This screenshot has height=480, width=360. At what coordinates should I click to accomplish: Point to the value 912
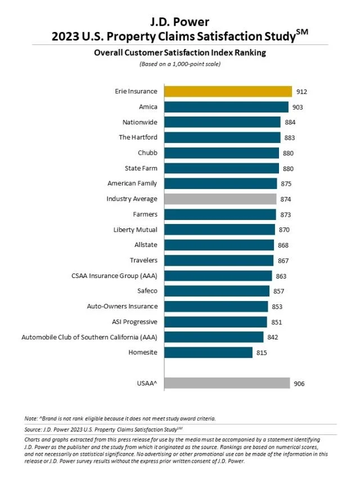pos(303,92)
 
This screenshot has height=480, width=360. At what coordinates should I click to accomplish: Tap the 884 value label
pos(291,122)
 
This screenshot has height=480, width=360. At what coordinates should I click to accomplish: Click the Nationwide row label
pos(140,122)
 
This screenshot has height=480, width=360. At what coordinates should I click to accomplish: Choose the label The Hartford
pos(138,137)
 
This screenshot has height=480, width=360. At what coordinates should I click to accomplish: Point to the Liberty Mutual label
pos(136,230)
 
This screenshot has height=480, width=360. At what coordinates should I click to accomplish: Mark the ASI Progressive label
pos(134,322)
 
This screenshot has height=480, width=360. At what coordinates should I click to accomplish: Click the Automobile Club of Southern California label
pos(89,337)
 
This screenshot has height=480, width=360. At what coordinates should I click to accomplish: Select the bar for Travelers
pos(219,260)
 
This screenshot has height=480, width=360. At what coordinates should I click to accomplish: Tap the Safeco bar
pos(217,291)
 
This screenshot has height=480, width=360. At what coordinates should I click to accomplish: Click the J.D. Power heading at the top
pos(179,23)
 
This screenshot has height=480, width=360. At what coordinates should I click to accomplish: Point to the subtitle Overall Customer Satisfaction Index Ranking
pos(179,53)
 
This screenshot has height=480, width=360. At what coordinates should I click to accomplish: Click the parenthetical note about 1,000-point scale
pos(179,64)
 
